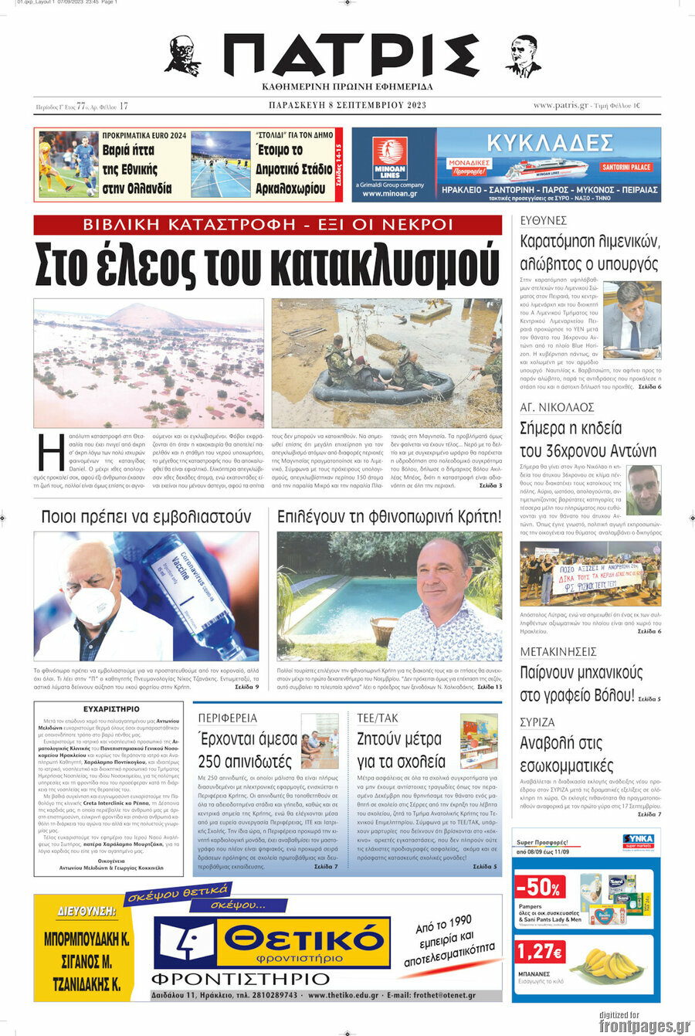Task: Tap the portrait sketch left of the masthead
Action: click(x=183, y=56)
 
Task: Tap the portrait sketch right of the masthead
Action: click(x=523, y=56)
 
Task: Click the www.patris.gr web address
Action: click(x=560, y=106)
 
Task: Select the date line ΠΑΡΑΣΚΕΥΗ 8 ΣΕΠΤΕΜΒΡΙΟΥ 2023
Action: click(x=347, y=106)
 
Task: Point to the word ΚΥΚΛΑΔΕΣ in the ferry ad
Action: click(x=550, y=143)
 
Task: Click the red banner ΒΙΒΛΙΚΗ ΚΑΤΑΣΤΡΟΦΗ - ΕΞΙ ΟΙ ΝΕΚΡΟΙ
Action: click(x=268, y=225)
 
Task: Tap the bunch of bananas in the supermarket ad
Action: click(x=610, y=963)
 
